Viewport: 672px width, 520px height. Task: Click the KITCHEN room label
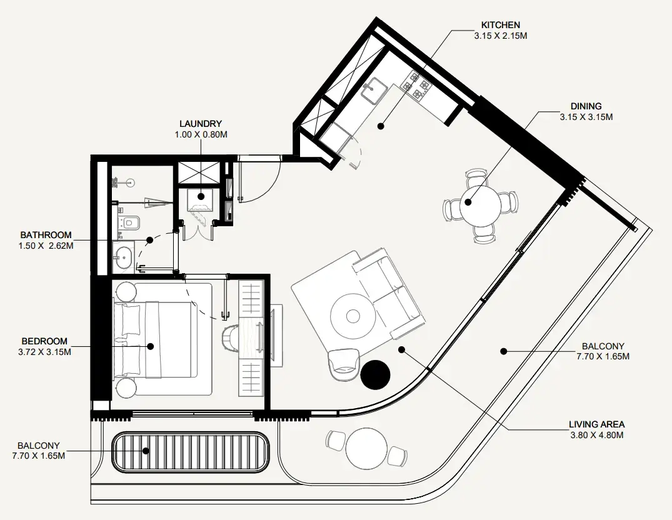pyautogui.click(x=500, y=25)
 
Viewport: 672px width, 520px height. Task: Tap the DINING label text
pyautogui.click(x=586, y=106)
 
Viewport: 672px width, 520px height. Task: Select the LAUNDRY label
pyautogui.click(x=200, y=124)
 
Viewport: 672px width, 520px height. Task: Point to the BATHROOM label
pyautogui.click(x=46, y=236)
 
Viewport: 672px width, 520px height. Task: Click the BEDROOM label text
pyautogui.click(x=44, y=341)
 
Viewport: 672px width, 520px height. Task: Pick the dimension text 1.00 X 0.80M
pyautogui.click(x=200, y=134)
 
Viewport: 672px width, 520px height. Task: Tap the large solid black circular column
pyautogui.click(x=376, y=374)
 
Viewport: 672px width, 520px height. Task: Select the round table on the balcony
pyautogui.click(x=368, y=444)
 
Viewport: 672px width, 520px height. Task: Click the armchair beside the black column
pyautogui.click(x=343, y=361)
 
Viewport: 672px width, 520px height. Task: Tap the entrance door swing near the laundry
pyautogui.click(x=259, y=181)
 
